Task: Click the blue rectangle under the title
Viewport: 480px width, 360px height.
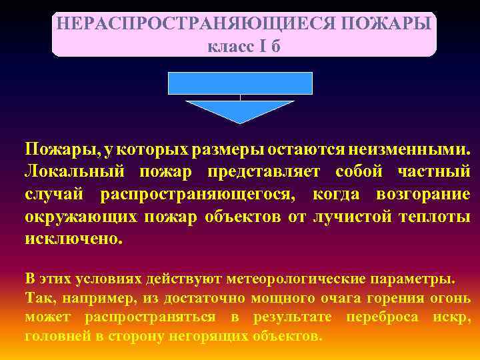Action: coord(240,83)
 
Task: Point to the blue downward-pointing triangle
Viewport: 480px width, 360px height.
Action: coord(240,110)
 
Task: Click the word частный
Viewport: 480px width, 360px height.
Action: coord(433,172)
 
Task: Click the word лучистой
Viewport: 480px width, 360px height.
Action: coord(352,217)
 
